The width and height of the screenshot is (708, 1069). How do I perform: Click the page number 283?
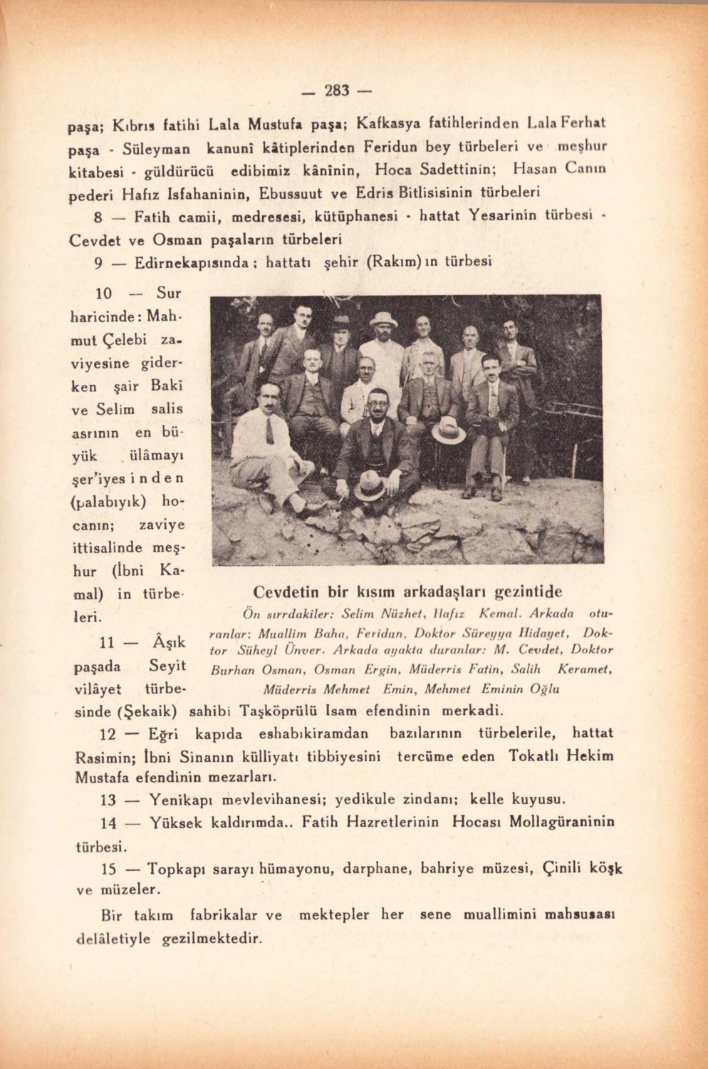pos(338,91)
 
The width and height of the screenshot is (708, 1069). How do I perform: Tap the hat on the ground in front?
pos(370,485)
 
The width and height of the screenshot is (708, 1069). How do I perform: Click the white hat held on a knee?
pos(448,430)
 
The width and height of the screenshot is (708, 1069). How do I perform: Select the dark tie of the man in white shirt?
pos(270,431)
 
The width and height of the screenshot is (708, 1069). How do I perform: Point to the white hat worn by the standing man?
pos(384,319)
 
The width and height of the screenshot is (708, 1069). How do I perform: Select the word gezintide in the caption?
pos(528,592)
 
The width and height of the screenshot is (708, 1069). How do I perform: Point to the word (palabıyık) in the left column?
pos(110,501)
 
